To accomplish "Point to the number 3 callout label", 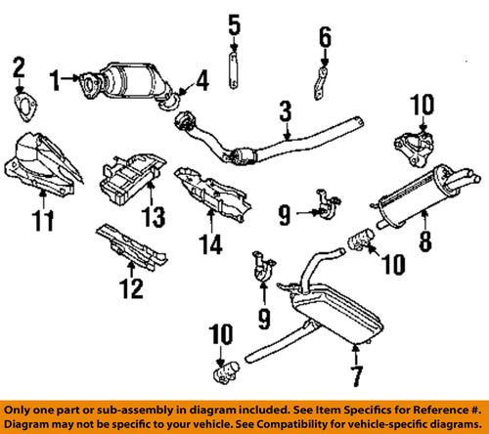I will (x=285, y=116).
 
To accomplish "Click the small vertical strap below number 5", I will (x=234, y=74).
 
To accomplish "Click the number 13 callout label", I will (x=154, y=215).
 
